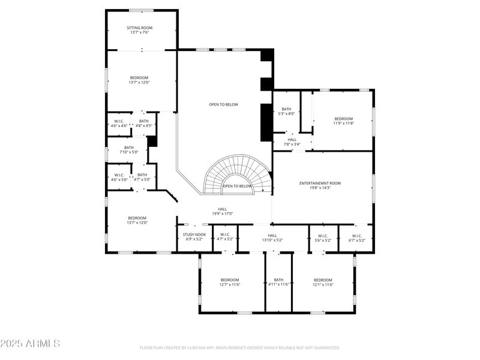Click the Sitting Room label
tap(139, 28)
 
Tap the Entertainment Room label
tap(320, 183)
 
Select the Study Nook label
tap(194, 235)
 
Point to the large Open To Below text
tap(223, 104)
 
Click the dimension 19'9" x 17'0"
tap(222, 214)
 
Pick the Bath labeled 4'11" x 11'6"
tap(278, 282)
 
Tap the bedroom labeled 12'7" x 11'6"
tap(230, 282)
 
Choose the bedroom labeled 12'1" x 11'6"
tap(323, 282)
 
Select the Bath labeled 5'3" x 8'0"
tap(286, 111)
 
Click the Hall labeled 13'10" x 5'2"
tap(272, 238)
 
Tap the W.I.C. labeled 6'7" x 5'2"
tap(356, 238)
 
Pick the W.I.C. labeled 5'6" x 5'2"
tap(323, 238)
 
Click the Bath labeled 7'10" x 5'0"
tap(129, 150)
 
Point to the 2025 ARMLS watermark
tap(30, 344)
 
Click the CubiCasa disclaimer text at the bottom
tap(240, 347)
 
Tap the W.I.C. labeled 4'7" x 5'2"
tap(225, 237)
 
